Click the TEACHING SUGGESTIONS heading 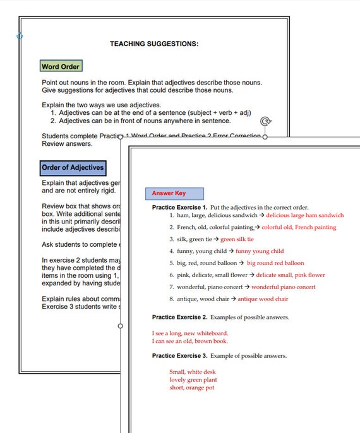[x=154, y=44]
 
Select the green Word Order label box [x=60, y=66]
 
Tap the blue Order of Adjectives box [x=72, y=168]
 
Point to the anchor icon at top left [x=19, y=36]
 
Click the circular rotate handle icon [x=266, y=122]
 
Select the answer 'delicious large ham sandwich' [x=305, y=215]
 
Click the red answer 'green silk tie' [x=237, y=239]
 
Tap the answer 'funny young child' [x=260, y=251]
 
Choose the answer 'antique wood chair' [x=263, y=299]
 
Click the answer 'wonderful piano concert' [x=284, y=287]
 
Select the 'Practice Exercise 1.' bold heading [x=179, y=207]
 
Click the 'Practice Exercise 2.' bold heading [x=179, y=316]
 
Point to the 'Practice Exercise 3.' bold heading [x=179, y=355]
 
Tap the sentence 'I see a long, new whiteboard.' [x=190, y=333]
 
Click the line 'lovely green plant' [x=193, y=380]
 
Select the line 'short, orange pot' [x=191, y=388]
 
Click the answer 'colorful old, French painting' [x=299, y=227]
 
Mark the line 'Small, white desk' [x=192, y=372]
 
